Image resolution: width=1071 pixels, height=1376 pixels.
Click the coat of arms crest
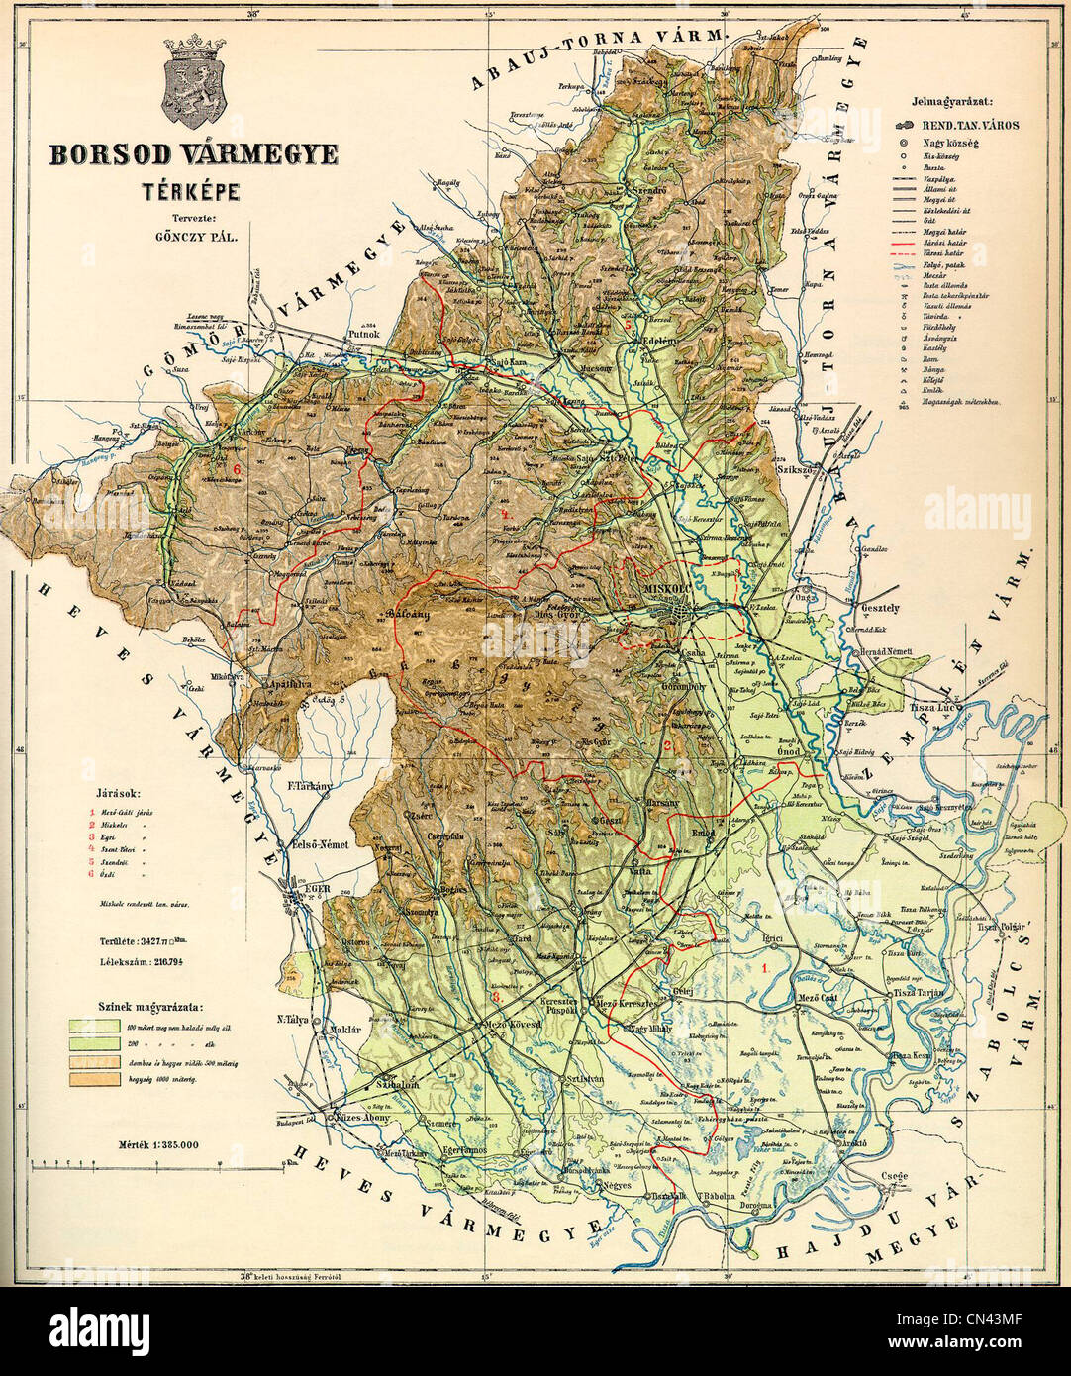point(196,92)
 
